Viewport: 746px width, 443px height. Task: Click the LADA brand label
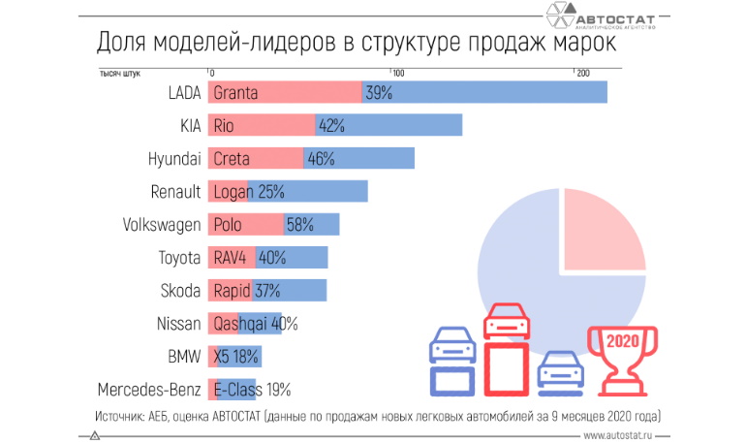click(x=183, y=93)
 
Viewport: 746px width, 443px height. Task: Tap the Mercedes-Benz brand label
click(x=149, y=390)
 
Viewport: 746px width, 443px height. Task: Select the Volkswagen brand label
click(x=162, y=225)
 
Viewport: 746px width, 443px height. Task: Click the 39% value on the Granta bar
click(x=379, y=93)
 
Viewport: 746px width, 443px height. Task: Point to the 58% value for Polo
click(x=299, y=225)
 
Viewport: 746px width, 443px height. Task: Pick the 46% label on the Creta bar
click(x=321, y=159)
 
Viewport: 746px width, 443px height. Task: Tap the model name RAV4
click(x=230, y=258)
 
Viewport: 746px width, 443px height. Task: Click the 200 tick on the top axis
click(x=581, y=74)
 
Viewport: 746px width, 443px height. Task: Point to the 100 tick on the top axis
click(x=396, y=74)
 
